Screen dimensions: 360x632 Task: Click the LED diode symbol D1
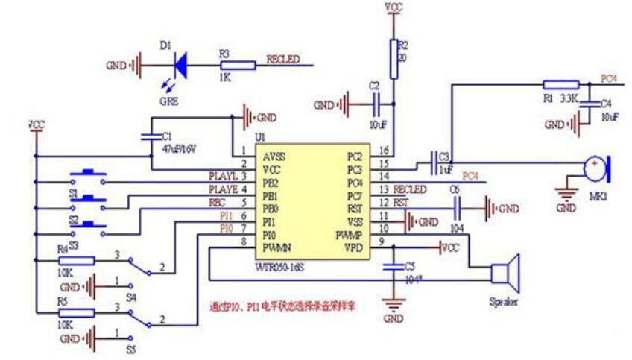click(179, 66)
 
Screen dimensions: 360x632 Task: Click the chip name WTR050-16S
click(282, 255)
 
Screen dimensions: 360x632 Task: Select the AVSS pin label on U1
click(273, 158)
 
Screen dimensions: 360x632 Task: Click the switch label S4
click(131, 297)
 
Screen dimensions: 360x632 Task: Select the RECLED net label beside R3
click(283, 58)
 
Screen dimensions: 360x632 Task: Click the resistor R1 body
click(560, 84)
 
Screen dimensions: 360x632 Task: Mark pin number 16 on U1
click(385, 150)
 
